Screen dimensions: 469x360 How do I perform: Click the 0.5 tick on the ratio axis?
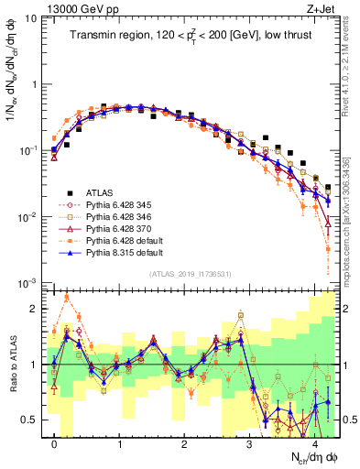tap(31, 420)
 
